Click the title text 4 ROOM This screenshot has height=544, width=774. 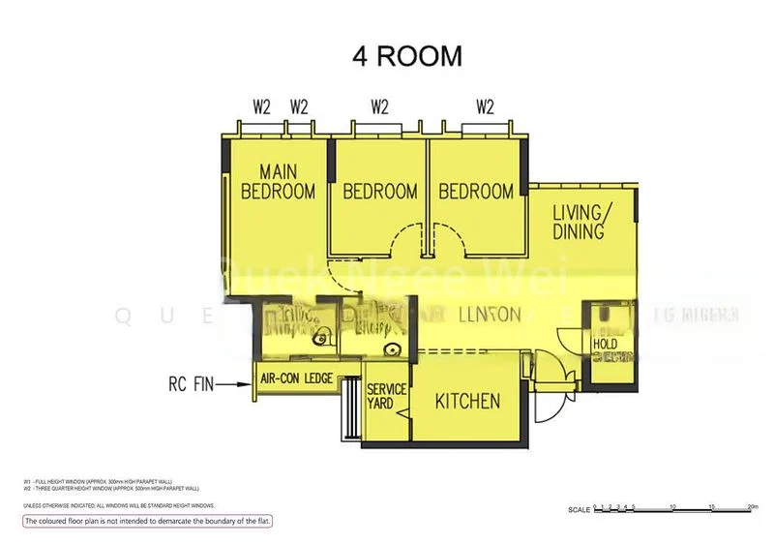[x=406, y=56]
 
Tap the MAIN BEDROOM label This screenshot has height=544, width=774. [x=278, y=182]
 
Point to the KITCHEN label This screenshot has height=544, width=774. [x=467, y=401]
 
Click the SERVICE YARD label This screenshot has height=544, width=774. [x=387, y=396]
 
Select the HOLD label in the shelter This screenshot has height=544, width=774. [x=606, y=344]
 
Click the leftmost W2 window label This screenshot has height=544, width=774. [x=261, y=107]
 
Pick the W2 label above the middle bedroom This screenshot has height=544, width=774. [x=378, y=107]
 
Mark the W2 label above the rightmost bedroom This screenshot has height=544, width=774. [x=485, y=107]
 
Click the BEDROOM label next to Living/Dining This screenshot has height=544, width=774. [x=476, y=192]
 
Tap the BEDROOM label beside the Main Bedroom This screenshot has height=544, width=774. [x=380, y=192]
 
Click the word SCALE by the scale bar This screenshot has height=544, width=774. [x=578, y=509]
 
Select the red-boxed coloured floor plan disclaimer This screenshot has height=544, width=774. [x=148, y=522]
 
